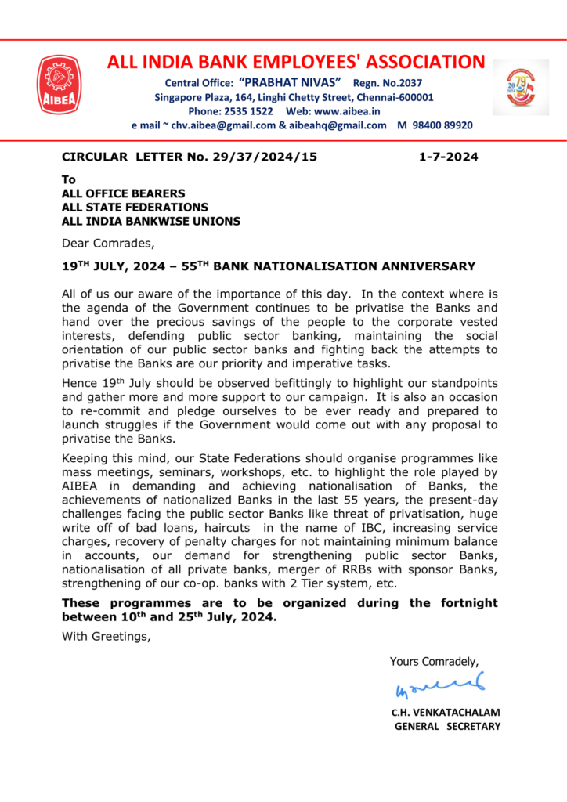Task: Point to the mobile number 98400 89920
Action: coord(442,125)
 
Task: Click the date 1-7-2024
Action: coord(448,157)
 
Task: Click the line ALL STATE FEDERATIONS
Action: coord(135,208)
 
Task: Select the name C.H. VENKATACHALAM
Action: coord(445,713)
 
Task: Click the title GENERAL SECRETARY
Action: coord(446,727)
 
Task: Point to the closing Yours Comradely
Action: coord(434,662)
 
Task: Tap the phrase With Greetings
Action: coord(106,636)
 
